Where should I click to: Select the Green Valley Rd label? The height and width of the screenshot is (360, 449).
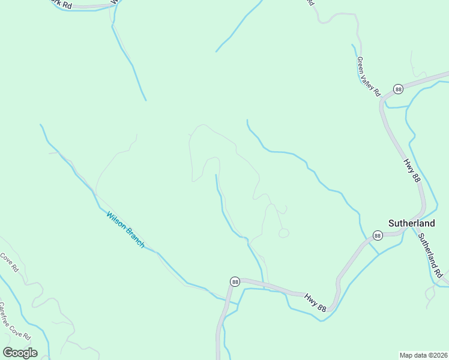click(369, 77)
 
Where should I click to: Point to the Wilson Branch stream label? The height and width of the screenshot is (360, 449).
click(125, 230)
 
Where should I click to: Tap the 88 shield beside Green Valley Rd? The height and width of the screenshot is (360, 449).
click(398, 89)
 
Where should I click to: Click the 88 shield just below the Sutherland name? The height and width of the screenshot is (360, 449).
click(377, 235)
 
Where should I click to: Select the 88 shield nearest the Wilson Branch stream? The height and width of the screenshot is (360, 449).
click(235, 281)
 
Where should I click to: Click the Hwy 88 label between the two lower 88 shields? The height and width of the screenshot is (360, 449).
click(315, 302)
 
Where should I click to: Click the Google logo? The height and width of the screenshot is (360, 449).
click(20, 353)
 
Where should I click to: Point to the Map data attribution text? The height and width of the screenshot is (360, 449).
click(423, 355)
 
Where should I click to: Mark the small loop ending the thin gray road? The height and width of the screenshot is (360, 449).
click(284, 233)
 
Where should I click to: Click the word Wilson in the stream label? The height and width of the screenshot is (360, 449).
click(116, 221)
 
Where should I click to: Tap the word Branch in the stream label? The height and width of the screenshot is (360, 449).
click(134, 238)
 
